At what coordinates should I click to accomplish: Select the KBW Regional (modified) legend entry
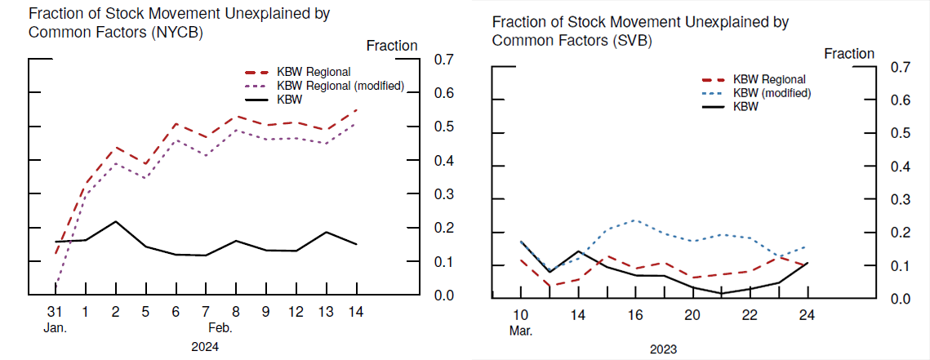[x=340, y=86]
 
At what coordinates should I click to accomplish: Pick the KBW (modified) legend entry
[x=772, y=93]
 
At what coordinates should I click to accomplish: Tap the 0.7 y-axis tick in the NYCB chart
[x=443, y=60]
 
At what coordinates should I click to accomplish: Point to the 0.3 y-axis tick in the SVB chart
[x=899, y=200]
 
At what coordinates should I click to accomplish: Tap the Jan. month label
[x=55, y=328]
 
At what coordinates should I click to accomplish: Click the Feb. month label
[x=220, y=328]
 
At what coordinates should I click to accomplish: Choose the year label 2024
[x=205, y=346]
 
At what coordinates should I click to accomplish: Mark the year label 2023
[x=664, y=349]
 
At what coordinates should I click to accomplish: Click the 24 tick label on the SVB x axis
[x=808, y=316]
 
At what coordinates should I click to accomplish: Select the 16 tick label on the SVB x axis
[x=635, y=316]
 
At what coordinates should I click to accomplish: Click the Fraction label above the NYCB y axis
[x=392, y=46]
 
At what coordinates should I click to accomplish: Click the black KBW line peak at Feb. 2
[x=116, y=221]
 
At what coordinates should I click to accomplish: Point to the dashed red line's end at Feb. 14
[x=357, y=109]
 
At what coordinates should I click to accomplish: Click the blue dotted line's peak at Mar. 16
[x=635, y=220]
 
